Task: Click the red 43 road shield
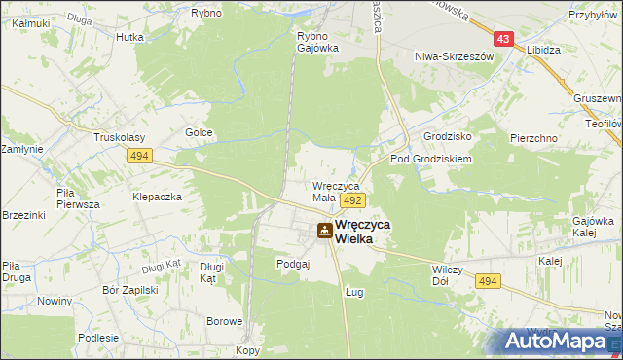(x=502, y=39)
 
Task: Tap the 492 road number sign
(x=352, y=199)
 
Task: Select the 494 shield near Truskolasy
(x=137, y=155)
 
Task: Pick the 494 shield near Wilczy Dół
(x=488, y=280)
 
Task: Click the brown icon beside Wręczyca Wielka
(x=322, y=231)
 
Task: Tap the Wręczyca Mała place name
(x=337, y=191)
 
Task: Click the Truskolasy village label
(x=119, y=137)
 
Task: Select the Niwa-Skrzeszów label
(x=455, y=56)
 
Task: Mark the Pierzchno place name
(x=533, y=138)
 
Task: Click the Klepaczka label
(x=158, y=196)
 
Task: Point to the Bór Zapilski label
(x=129, y=290)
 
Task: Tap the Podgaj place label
(x=293, y=263)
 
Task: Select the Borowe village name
(x=224, y=320)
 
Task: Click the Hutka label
(x=129, y=37)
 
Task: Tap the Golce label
(x=199, y=132)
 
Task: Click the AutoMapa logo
(x=559, y=341)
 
